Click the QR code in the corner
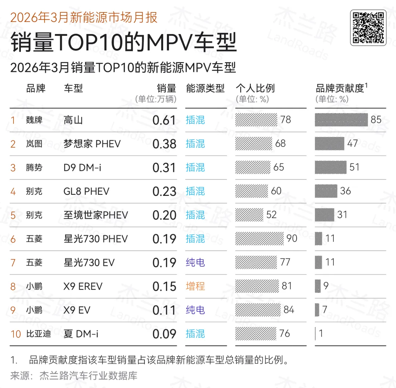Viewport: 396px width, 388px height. [368, 28]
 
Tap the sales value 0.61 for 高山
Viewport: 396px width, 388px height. [164, 120]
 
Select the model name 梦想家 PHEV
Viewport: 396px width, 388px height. [92, 144]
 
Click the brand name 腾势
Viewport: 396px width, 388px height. [34, 168]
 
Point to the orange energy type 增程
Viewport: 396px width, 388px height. [195, 286]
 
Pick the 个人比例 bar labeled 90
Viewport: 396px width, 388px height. [259, 239]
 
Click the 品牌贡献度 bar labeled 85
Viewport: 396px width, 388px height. [341, 120]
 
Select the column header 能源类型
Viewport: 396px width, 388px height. [205, 88]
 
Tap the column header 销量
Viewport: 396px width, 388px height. [166, 88]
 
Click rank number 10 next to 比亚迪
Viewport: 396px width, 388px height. [16, 334]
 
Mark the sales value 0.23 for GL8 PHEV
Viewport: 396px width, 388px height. [164, 191]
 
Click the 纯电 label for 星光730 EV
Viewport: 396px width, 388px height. [195, 263]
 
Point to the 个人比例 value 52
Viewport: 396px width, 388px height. [271, 215]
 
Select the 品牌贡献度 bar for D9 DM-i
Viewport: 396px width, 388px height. [330, 168]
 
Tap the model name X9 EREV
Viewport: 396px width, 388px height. [83, 286]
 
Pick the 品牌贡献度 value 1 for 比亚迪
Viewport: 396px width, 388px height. [321, 334]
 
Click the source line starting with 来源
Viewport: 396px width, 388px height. [74, 376]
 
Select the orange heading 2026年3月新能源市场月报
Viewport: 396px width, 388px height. [84, 17]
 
